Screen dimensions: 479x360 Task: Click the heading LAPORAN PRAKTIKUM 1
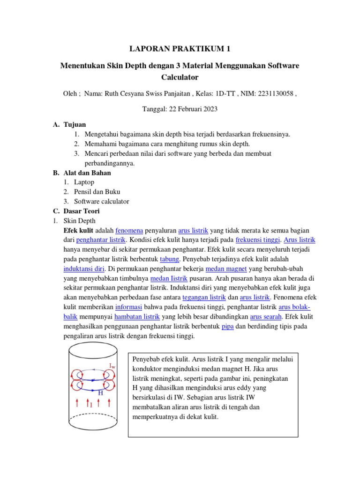click(180, 49)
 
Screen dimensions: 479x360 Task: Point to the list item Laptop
click(84, 182)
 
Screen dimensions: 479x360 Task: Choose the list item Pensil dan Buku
click(97, 192)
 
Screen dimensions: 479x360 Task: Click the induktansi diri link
click(84, 269)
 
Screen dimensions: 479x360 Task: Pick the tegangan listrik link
click(204, 298)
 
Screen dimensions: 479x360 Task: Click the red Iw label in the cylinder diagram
click(112, 366)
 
